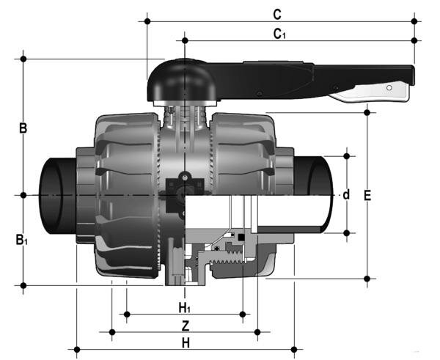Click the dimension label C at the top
(276, 14)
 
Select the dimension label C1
(279, 33)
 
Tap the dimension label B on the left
(23, 128)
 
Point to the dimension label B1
(23, 239)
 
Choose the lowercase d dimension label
(346, 195)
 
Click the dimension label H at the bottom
(186, 342)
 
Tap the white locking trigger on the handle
(370, 91)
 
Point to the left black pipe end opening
(55, 195)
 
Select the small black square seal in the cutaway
(241, 238)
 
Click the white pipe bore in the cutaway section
(293, 214)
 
